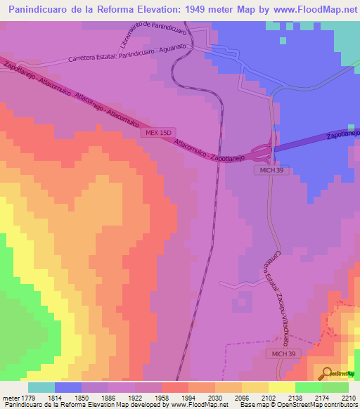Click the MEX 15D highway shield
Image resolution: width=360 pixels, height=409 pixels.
148,132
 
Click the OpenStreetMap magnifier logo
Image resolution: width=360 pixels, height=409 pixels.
326,372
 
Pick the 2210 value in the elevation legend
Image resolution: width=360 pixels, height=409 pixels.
349,398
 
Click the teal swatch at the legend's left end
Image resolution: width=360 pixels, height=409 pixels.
41,387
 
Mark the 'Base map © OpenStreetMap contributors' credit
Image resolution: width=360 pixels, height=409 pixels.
298,405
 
